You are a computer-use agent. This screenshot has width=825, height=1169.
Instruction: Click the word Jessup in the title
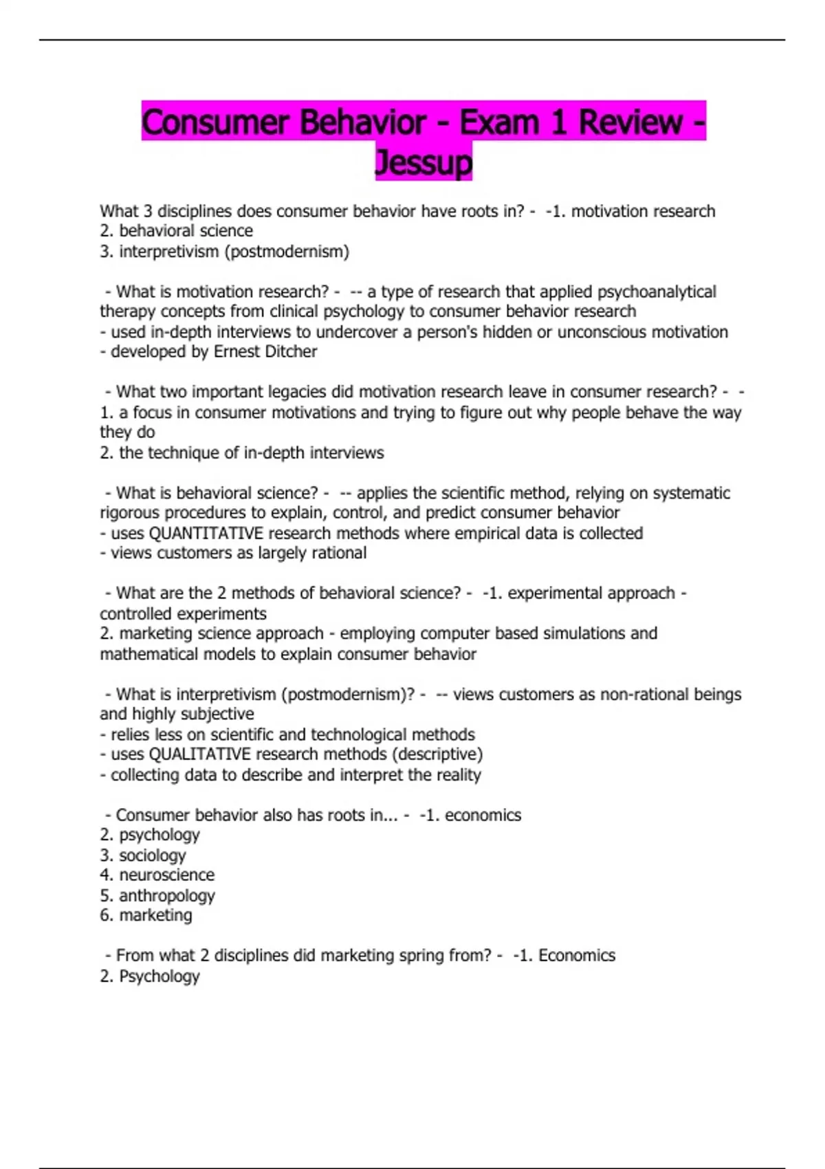click(x=423, y=162)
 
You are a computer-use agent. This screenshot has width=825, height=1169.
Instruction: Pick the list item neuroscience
click(x=166, y=875)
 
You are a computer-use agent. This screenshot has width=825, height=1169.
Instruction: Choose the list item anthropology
click(x=166, y=895)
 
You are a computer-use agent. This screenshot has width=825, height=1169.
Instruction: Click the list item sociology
click(x=152, y=855)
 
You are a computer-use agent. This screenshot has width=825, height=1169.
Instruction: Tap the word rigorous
click(x=132, y=513)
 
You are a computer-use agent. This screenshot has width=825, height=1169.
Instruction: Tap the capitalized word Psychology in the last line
click(x=159, y=976)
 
